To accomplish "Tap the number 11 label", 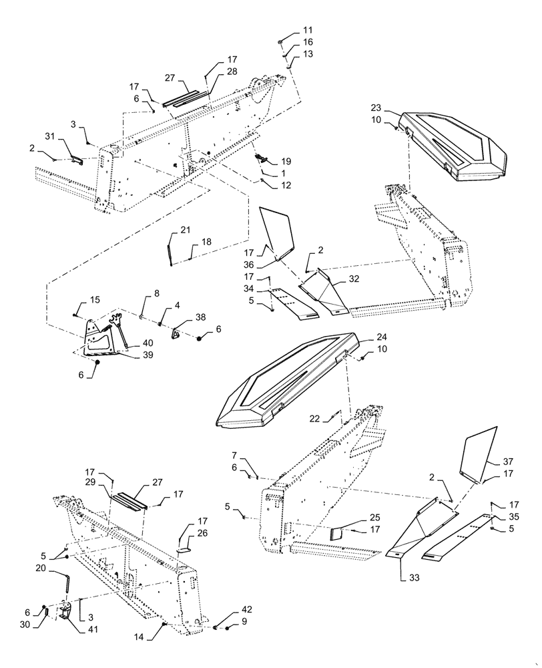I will [308, 31].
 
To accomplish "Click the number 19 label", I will [286, 162].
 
